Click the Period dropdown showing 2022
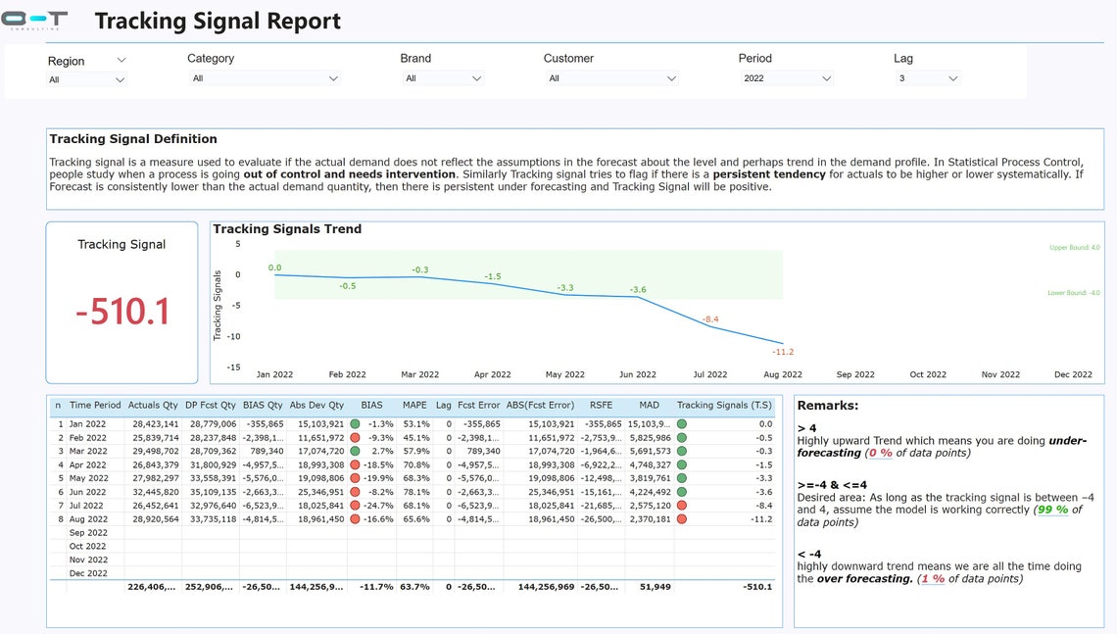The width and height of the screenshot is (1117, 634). tap(787, 78)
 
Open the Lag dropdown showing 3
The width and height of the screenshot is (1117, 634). tap(926, 78)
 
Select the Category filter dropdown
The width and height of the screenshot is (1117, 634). tap(265, 78)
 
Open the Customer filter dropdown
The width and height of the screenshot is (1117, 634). tap(610, 78)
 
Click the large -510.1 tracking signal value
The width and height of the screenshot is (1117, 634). tap(122, 312)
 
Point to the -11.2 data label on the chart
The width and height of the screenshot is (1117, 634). tap(782, 352)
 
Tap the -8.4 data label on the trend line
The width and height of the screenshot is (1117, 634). tap(710, 319)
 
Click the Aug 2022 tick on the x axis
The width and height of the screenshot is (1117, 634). tap(783, 374)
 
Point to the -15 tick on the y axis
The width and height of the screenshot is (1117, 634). tap(233, 367)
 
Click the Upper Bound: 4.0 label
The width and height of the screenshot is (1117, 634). tap(1074, 248)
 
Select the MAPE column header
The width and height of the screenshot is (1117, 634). tap(414, 405)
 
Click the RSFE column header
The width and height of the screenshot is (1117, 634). tap(601, 405)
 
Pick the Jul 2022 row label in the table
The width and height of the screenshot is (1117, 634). tap(88, 507)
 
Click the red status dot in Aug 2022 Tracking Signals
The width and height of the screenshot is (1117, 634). tap(682, 520)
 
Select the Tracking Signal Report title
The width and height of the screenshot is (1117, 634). tap(218, 21)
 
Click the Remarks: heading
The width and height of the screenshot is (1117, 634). tap(828, 405)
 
